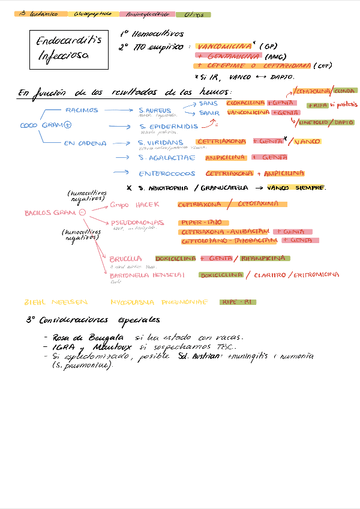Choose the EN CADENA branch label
pos(85,143)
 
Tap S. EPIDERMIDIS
pos(168,127)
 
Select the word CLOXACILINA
pos(245,103)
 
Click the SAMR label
pos(209,113)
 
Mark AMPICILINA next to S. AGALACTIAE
pos(225,157)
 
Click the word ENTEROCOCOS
pos(167,174)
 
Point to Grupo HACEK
pos(130,205)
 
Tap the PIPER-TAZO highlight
pos(201,222)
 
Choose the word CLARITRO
pos(269,275)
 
